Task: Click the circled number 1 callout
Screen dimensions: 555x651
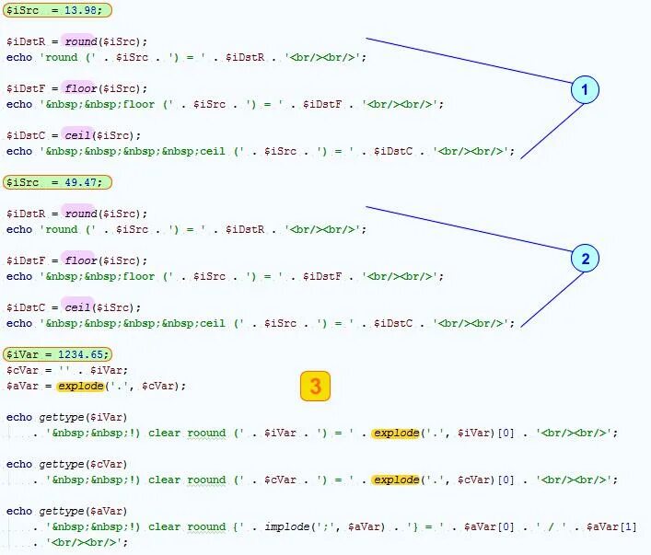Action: tap(584, 89)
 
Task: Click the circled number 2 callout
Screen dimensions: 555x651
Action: tap(584, 259)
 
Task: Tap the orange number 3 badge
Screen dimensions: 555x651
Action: tap(315, 387)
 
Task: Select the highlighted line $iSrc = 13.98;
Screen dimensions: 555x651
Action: tap(57, 10)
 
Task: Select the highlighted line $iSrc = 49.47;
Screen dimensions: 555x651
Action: tap(57, 182)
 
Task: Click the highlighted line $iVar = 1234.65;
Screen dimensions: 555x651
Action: tap(57, 354)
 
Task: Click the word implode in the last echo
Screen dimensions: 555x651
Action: tap(287, 527)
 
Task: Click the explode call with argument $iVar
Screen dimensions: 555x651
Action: tap(396, 433)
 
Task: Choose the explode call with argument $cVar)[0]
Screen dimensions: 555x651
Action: tap(396, 480)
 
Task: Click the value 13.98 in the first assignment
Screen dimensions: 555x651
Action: tap(81, 10)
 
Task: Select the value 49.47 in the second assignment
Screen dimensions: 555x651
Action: tap(81, 182)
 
